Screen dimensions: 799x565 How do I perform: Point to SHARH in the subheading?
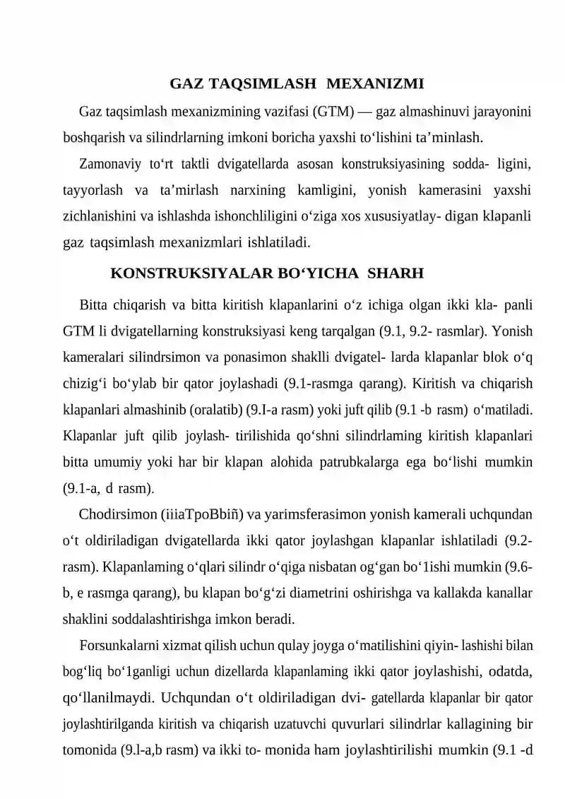tap(396, 273)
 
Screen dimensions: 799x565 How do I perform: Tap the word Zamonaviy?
tap(109, 165)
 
